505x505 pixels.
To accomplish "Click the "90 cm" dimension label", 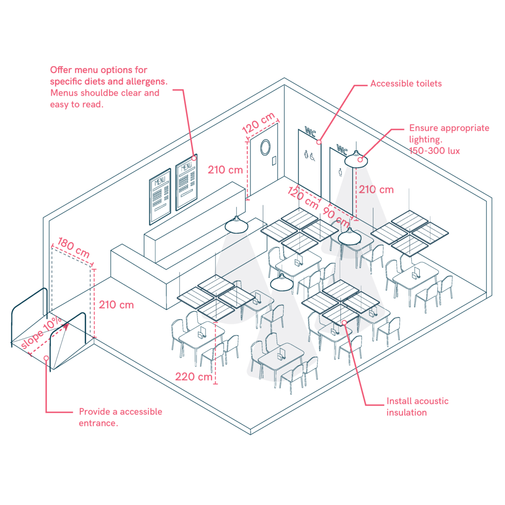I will (x=334, y=216).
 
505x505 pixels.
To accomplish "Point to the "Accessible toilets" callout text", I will (x=406, y=83).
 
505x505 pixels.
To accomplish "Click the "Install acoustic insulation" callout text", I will (x=417, y=406).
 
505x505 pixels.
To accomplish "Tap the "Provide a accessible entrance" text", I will (x=120, y=417).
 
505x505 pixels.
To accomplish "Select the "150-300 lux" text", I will (x=434, y=151).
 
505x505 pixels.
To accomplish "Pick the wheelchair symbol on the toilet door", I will (x=312, y=155).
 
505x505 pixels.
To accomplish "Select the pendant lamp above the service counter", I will (x=237, y=225).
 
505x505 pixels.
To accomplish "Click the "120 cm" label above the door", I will (x=258, y=123).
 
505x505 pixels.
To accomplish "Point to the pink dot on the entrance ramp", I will (x=46, y=358).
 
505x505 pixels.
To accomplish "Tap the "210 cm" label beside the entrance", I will (x=116, y=304).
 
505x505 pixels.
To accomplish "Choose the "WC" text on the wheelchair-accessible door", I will (x=310, y=132).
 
